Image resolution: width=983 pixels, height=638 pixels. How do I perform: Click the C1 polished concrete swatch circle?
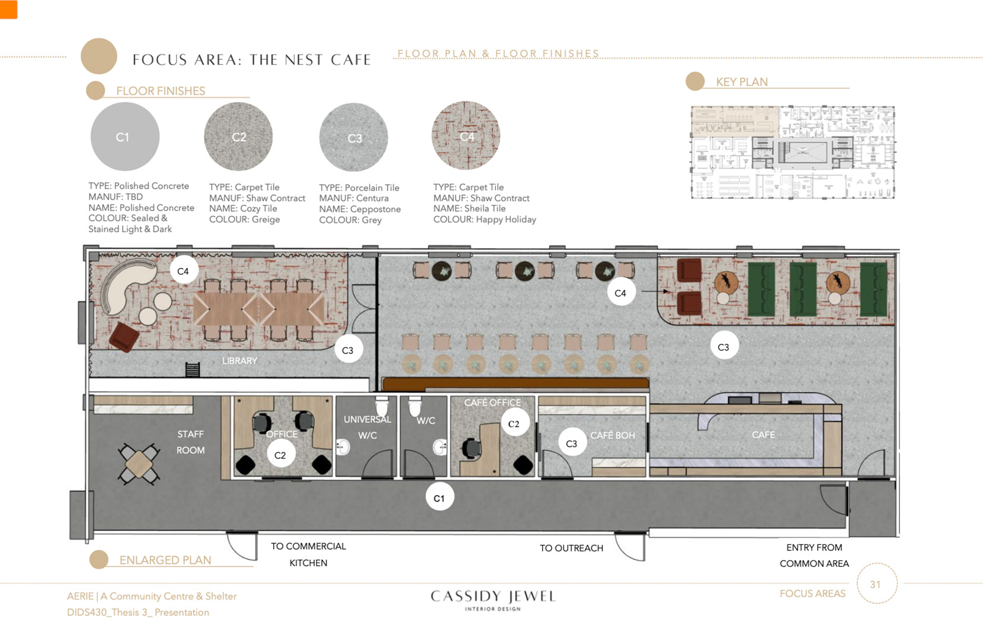pyautogui.click(x=125, y=136)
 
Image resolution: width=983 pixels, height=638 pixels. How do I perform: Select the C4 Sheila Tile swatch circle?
pyautogui.click(x=466, y=136)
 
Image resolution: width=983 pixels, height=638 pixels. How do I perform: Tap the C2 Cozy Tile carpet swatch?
pyautogui.click(x=238, y=136)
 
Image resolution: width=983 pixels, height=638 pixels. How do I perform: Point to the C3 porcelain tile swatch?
pyautogui.click(x=354, y=138)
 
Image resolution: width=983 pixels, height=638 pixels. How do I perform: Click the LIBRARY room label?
pyautogui.click(x=239, y=361)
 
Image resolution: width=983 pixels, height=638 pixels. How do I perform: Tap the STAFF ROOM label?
pyautogui.click(x=190, y=442)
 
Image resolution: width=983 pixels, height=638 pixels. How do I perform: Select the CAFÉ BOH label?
pyautogui.click(x=613, y=435)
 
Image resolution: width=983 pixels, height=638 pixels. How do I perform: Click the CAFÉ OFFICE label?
pyautogui.click(x=493, y=403)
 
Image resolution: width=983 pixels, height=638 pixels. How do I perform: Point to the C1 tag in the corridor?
pyautogui.click(x=439, y=498)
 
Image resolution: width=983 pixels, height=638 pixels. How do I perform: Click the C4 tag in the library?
pyautogui.click(x=184, y=271)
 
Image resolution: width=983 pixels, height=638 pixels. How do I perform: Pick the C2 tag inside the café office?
pyautogui.click(x=514, y=423)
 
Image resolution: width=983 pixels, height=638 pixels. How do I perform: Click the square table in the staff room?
pyautogui.click(x=139, y=464)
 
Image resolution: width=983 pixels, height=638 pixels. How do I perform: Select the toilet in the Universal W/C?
pyautogui.click(x=382, y=406)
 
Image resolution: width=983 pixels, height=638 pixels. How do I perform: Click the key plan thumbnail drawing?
pyautogui.click(x=793, y=152)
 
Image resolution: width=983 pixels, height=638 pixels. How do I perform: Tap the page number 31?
pyautogui.click(x=875, y=585)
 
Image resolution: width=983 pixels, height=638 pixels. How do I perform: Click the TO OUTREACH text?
pyautogui.click(x=571, y=548)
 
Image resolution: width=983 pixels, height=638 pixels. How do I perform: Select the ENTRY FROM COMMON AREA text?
pyautogui.click(x=815, y=556)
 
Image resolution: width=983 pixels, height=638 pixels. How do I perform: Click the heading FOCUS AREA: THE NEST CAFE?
pyautogui.click(x=252, y=60)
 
